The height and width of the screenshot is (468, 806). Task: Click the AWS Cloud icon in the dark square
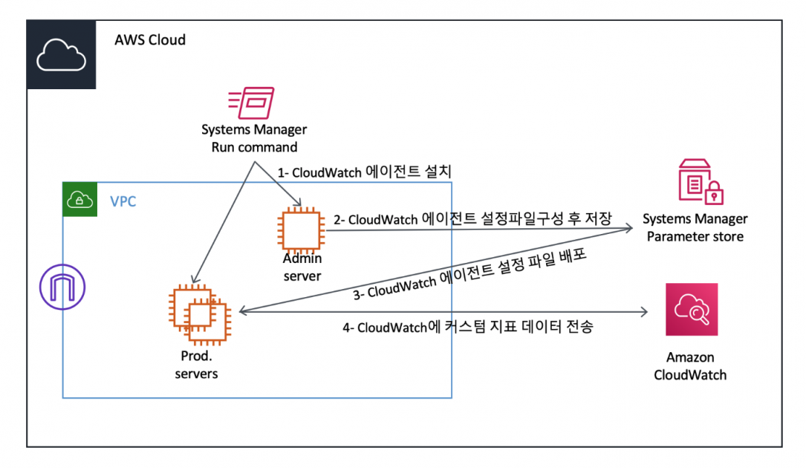tap(61, 55)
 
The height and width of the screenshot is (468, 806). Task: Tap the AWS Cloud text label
tap(149, 39)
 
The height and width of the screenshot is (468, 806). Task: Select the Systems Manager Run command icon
tap(251, 103)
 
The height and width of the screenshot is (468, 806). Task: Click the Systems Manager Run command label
tap(254, 138)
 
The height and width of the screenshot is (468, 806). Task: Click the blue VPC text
tap(123, 201)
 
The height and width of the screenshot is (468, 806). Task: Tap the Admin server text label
tap(302, 267)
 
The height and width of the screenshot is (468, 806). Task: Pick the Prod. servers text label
tap(196, 365)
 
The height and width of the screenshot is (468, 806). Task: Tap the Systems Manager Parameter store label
tap(695, 227)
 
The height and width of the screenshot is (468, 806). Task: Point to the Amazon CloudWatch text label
tap(690, 365)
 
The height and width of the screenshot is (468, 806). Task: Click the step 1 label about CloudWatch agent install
tap(365, 172)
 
